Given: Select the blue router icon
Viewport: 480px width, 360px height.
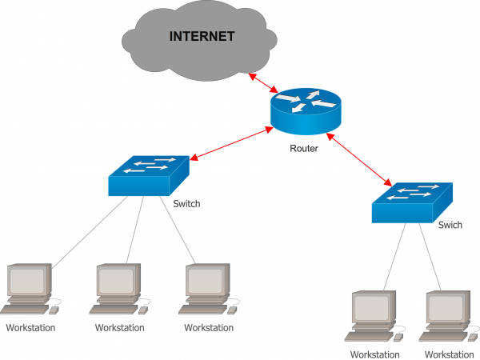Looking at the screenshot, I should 305,112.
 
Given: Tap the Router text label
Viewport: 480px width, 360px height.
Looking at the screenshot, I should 305,148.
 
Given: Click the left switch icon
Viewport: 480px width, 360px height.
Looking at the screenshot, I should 149,174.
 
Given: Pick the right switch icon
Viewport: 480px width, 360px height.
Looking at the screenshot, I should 411,202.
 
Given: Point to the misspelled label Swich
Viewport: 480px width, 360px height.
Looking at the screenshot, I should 450,225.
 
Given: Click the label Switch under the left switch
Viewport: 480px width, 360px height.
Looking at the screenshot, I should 186,203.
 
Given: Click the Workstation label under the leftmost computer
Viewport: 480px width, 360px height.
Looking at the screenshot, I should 30,327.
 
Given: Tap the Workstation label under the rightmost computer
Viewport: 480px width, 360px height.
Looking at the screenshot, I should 449,354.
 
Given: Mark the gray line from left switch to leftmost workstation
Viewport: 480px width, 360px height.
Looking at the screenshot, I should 88,231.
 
